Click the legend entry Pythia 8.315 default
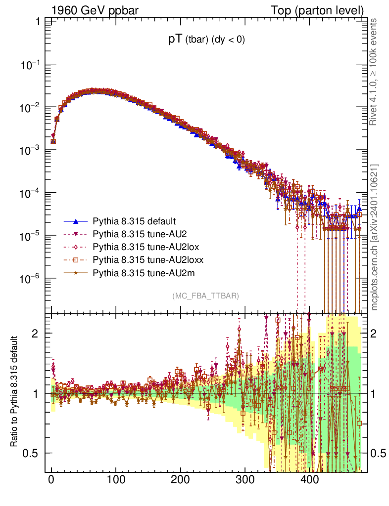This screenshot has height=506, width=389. (134, 221)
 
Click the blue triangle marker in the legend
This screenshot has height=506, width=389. (76, 221)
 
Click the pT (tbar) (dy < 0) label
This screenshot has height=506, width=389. (206, 41)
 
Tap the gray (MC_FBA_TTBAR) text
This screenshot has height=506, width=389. (206, 296)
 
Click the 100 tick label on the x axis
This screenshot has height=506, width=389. (116, 478)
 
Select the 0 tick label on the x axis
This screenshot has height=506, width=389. (51, 478)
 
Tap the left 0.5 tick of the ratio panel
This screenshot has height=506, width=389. (31, 453)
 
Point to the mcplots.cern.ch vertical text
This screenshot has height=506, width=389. (375, 237)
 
